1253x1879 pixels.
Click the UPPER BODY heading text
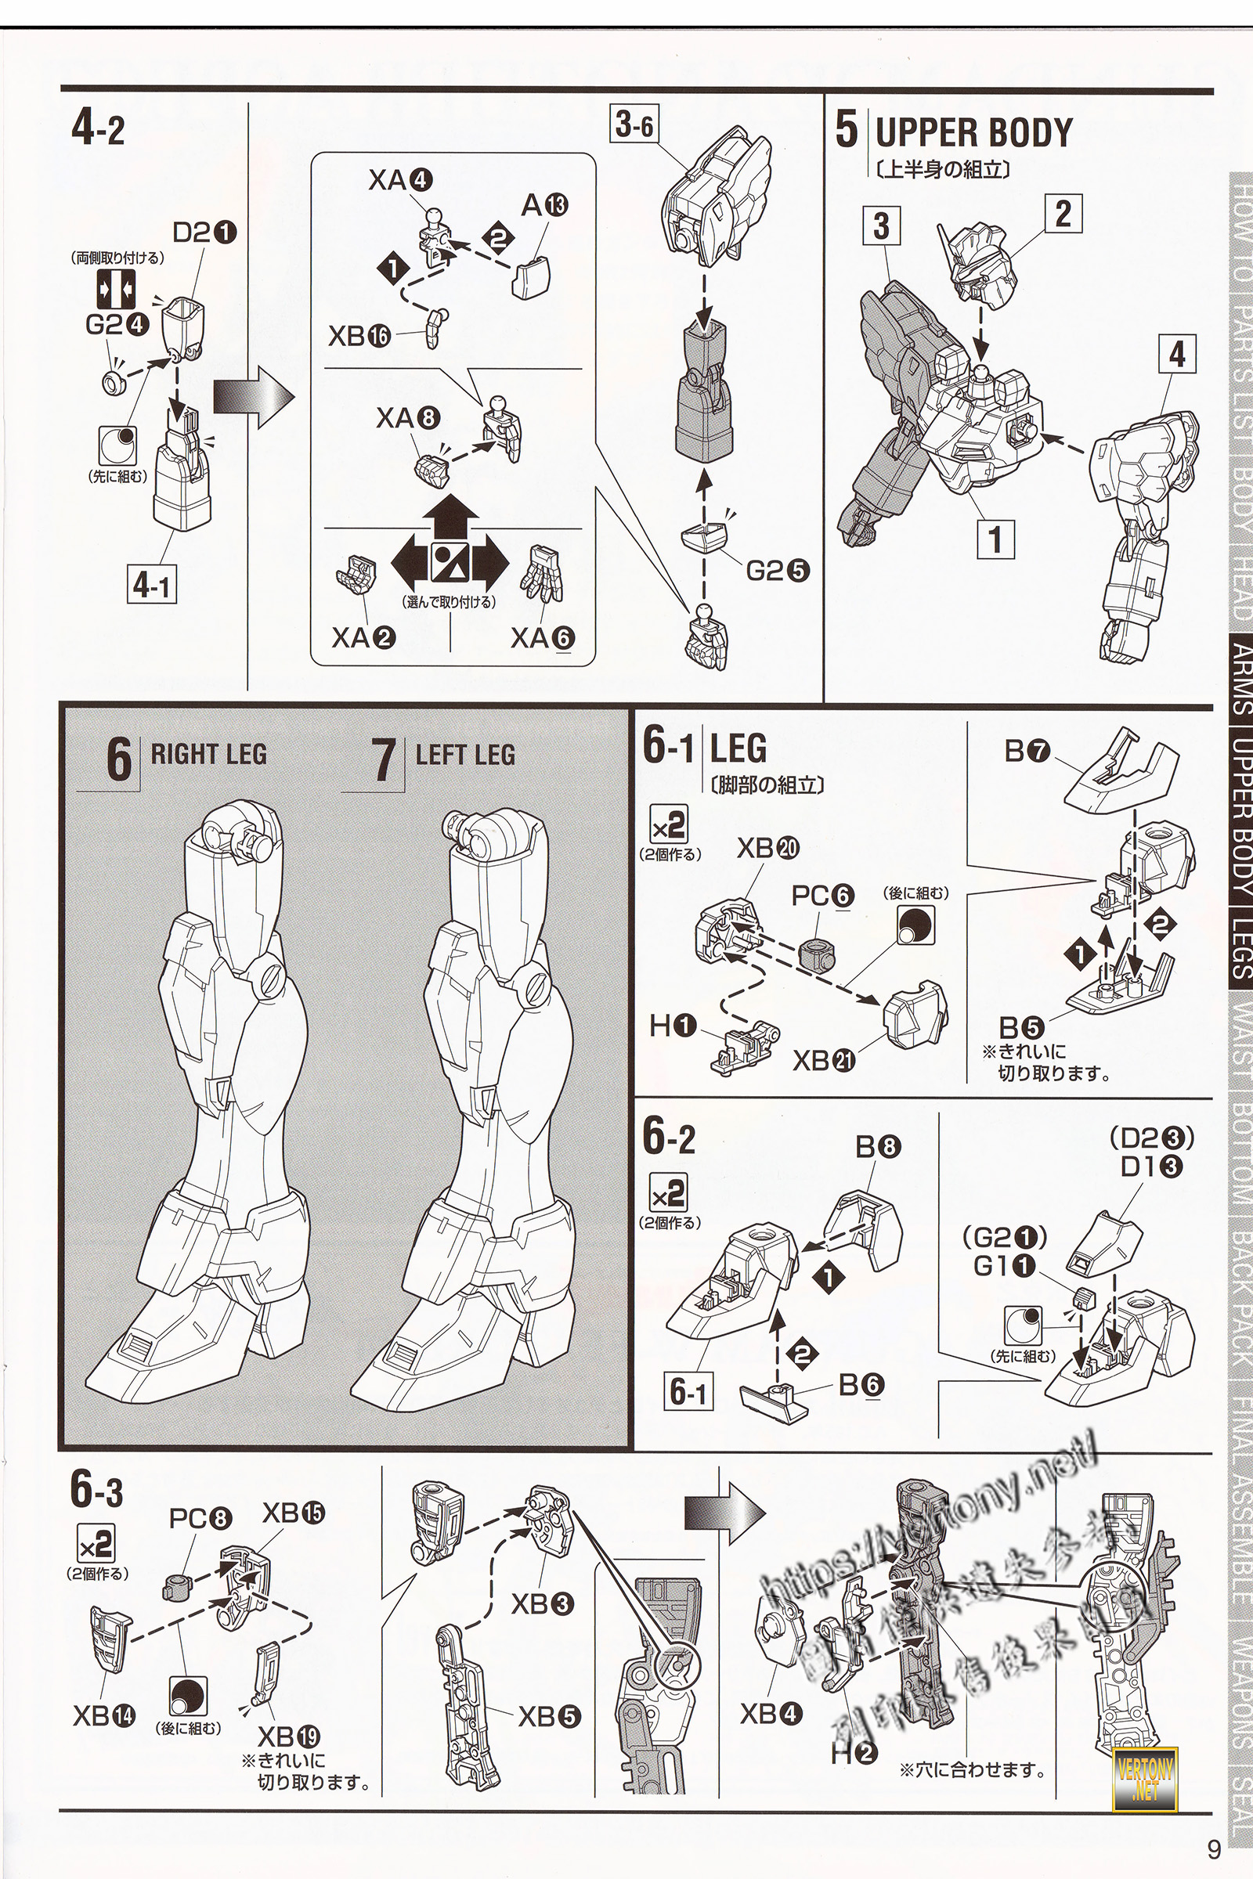click(x=973, y=132)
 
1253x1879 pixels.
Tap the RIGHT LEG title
click(x=208, y=754)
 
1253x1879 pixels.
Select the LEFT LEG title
click(x=465, y=755)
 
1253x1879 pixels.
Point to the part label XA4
click(x=399, y=182)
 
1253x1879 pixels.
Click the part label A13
click(x=545, y=206)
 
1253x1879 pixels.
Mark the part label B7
click(x=1027, y=751)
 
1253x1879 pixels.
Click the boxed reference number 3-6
click(x=634, y=124)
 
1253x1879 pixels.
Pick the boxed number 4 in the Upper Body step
click(x=1177, y=355)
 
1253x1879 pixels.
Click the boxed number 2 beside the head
click(x=1063, y=214)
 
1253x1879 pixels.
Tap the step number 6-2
click(x=669, y=1140)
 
